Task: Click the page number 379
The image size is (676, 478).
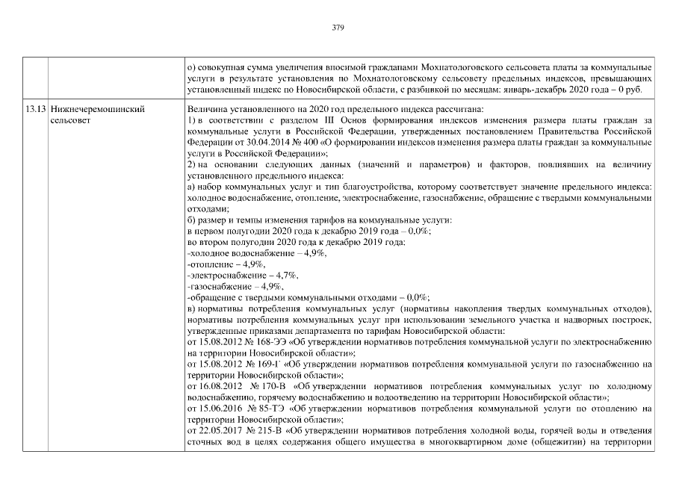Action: pyautogui.click(x=338, y=28)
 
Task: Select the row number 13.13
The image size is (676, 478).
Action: pyautogui.click(x=34, y=109)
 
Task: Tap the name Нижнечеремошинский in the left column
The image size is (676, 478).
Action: pyautogui.click(x=96, y=109)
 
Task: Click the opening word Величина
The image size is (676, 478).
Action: pyautogui.click(x=208, y=109)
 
